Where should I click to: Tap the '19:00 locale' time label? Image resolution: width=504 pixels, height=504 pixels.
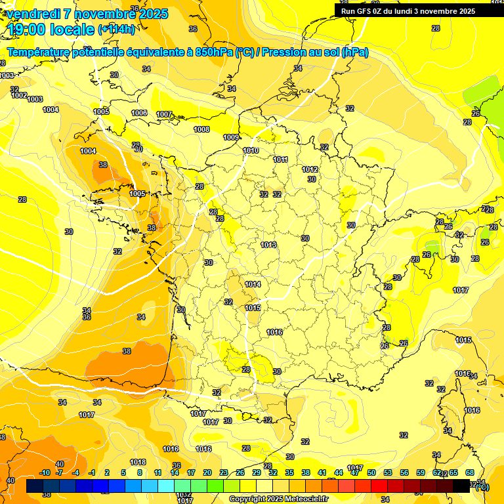coord(51,30)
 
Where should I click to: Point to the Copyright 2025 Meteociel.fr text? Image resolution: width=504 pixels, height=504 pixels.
coord(278,499)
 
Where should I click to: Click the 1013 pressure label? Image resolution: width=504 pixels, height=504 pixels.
coord(268,245)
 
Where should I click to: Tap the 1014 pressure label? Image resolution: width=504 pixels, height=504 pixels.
coord(253,284)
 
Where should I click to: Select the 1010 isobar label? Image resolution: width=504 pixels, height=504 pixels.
coord(250,150)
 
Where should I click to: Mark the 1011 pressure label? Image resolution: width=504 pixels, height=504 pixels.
coord(280,159)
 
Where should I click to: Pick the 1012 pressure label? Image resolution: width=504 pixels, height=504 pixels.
coord(310,169)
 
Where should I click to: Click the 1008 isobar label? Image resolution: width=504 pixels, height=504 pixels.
coord(201,129)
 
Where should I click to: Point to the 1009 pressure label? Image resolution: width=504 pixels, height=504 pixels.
coord(231,137)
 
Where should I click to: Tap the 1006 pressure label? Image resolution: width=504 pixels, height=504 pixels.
coord(139,113)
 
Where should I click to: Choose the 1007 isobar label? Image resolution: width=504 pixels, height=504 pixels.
coord(164,114)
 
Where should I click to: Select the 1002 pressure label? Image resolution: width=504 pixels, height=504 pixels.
coord(19,95)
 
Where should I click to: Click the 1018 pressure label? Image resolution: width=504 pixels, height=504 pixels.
coord(138,462)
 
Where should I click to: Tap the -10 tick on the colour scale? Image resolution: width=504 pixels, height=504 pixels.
coord(45,472)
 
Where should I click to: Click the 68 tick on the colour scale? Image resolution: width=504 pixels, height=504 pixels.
coord(470,472)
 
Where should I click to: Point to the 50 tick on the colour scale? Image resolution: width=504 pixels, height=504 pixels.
coord(371,472)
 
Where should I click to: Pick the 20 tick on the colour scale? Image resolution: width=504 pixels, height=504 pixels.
coord(207,472)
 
